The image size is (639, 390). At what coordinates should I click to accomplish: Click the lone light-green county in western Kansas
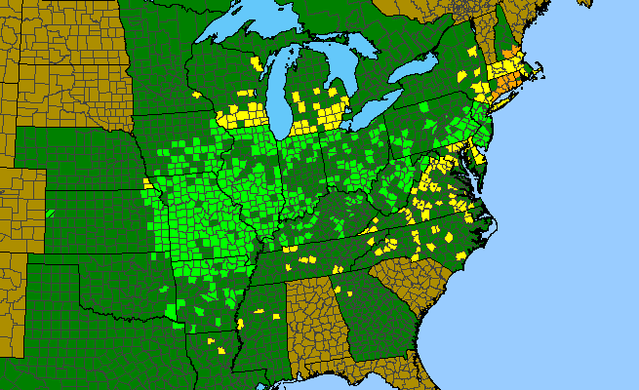tap(50, 213)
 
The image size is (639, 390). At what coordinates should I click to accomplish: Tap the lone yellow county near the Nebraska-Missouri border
tap(146, 182)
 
